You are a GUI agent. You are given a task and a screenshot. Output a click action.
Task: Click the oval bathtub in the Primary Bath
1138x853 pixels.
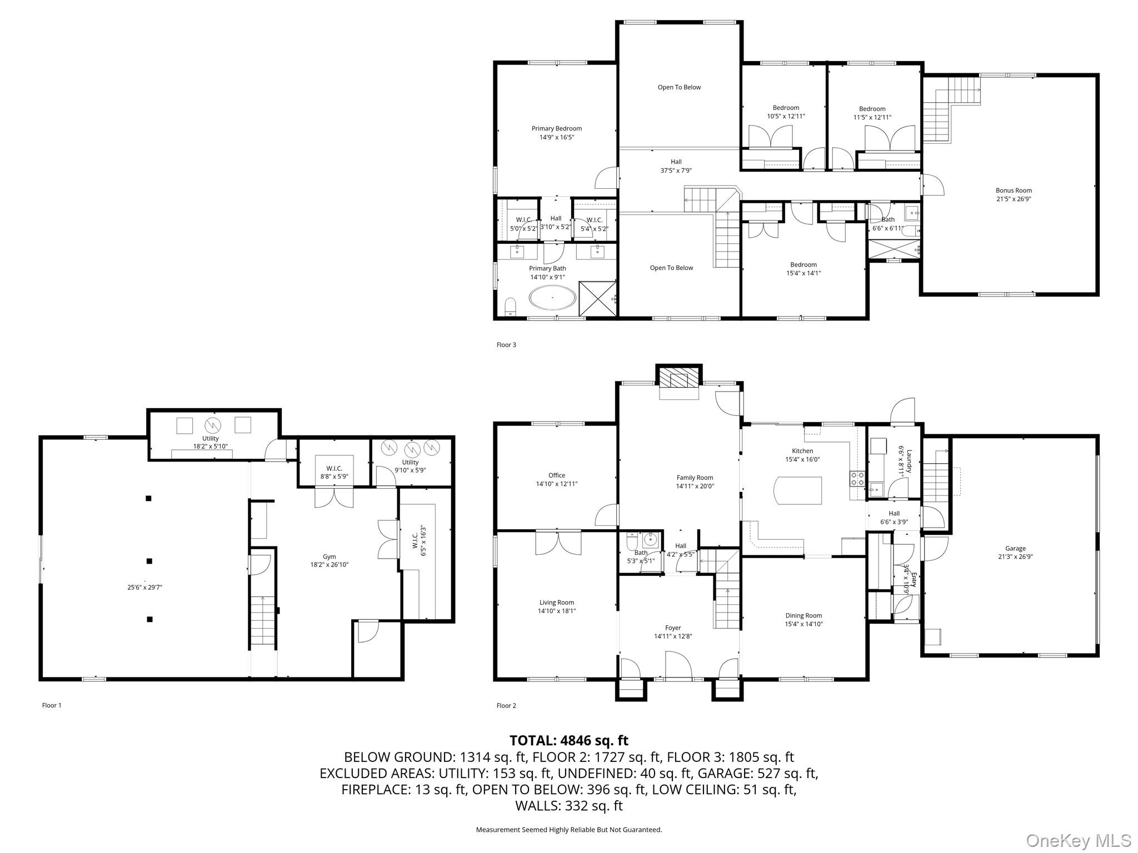click(553, 298)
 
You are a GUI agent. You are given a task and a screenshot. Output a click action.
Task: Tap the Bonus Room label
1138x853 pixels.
click(1014, 190)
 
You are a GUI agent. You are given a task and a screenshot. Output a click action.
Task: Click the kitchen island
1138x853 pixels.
click(798, 490)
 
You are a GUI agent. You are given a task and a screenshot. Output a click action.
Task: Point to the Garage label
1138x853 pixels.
click(1015, 548)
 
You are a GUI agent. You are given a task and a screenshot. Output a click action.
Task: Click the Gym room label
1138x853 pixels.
click(330, 556)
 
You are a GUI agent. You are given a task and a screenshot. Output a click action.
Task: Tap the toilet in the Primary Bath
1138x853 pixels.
click(510, 307)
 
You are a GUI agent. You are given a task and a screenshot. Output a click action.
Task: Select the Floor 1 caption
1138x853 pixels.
click(52, 705)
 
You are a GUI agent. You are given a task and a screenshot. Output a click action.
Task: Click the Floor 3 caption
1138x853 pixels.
click(506, 345)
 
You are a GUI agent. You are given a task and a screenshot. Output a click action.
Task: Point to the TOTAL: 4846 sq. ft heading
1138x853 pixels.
click(569, 740)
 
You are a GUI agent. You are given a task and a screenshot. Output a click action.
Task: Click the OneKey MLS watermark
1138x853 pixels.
click(1079, 840)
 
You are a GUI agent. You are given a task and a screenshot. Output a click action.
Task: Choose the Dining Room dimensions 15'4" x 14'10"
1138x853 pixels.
click(803, 624)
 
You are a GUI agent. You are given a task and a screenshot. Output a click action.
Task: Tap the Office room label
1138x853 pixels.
click(557, 475)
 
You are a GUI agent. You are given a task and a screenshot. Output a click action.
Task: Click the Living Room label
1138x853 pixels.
click(557, 603)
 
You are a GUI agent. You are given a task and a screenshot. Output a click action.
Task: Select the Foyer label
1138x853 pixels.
click(673, 628)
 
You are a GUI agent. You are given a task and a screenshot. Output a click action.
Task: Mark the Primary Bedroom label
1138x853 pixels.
click(557, 128)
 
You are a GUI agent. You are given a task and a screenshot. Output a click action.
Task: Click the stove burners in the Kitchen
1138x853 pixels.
click(857, 478)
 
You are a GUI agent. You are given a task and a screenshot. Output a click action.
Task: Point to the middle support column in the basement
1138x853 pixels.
click(149, 561)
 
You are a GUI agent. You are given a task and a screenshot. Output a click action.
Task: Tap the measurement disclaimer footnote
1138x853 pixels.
click(569, 830)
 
